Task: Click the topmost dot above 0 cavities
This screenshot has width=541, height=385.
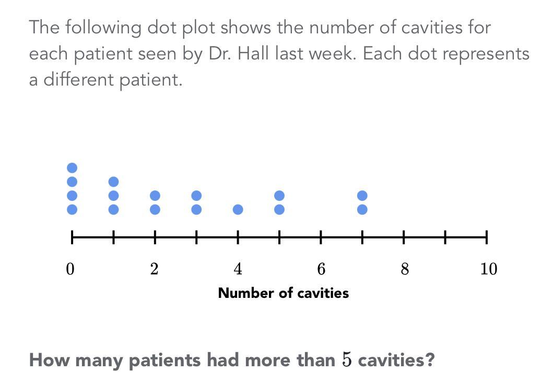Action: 72,168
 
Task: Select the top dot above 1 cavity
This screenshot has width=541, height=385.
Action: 113,182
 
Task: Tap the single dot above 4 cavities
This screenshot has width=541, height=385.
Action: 238,209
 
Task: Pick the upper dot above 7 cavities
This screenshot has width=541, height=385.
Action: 362,196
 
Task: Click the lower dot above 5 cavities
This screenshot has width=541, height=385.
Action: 279,209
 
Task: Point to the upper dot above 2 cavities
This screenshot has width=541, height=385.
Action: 155,196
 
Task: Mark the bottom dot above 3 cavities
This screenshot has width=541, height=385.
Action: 196,209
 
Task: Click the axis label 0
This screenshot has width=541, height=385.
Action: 71,269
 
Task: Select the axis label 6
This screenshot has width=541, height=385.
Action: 321,269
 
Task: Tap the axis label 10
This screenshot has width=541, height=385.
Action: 488,269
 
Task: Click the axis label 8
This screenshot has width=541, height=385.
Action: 404,269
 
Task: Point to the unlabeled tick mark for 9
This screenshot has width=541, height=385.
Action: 445,238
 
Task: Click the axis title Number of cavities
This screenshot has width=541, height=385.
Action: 283,293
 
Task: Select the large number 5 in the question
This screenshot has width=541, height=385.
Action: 347,359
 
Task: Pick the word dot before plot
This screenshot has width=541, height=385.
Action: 162,27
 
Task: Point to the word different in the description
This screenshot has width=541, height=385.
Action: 79,80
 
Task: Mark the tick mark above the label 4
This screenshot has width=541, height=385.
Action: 238,238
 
